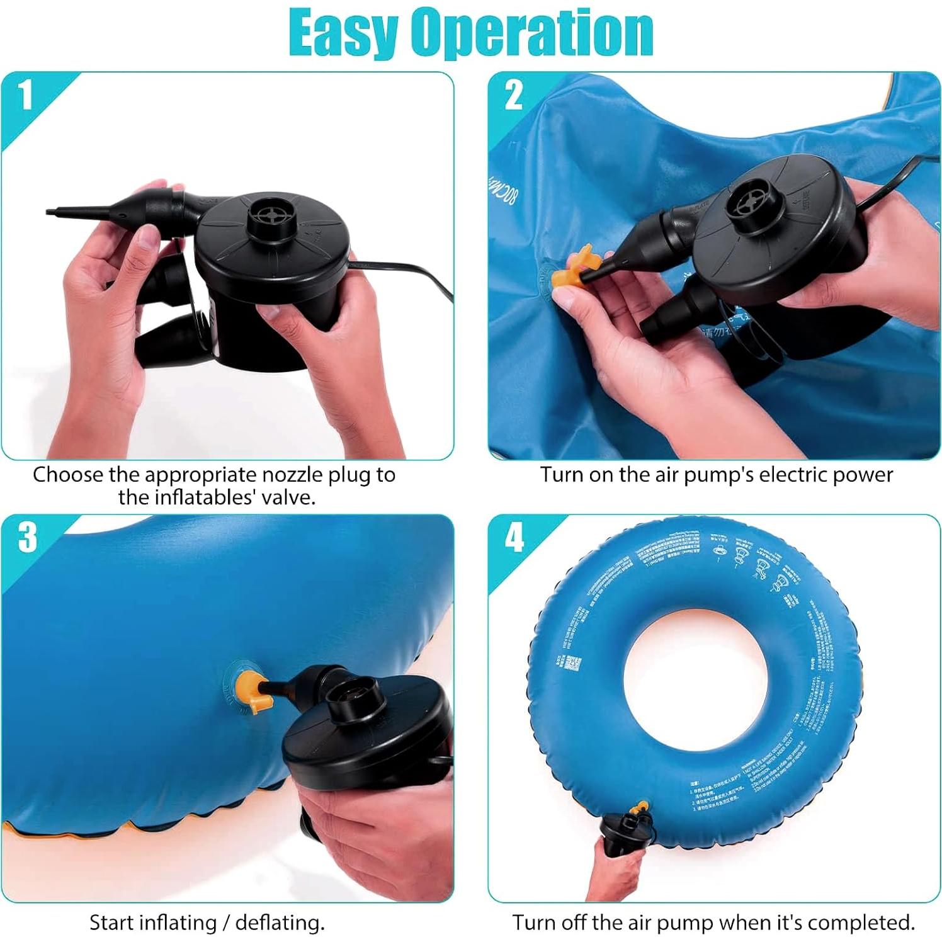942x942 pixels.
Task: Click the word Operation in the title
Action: tap(532, 33)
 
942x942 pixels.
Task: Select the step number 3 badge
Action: tap(27, 537)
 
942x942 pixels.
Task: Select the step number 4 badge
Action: tap(514, 537)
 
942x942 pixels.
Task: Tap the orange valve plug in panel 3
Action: tap(249, 691)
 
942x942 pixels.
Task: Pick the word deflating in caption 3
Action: tap(279, 922)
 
